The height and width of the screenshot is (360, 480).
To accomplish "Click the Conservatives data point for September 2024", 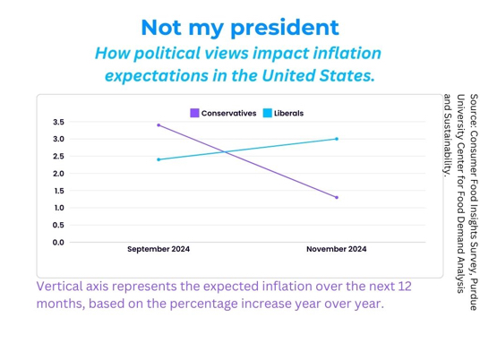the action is tap(159, 125).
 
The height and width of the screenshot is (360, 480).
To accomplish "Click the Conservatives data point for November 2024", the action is tap(337, 197).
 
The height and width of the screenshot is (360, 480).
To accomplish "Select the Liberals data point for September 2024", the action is tap(159, 159).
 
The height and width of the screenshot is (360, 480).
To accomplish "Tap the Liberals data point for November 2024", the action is tap(337, 139).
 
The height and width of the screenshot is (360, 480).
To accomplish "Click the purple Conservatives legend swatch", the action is tap(194, 113).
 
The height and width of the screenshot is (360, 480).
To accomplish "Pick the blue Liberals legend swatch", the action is tap(268, 113).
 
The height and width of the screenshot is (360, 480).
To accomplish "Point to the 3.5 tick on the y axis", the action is tap(58, 122).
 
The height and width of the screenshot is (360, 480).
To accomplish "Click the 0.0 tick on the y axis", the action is tap(58, 243).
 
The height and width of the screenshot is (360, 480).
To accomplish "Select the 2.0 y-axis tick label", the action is tap(58, 174).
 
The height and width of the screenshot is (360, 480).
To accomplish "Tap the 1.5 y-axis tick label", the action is tap(59, 191).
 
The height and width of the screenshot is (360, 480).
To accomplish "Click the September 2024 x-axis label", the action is tap(159, 249).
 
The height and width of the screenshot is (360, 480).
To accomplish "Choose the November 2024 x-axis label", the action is tap(337, 249).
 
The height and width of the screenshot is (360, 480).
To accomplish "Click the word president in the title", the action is tap(285, 28).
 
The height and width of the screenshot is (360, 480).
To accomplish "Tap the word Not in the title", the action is tap(161, 28).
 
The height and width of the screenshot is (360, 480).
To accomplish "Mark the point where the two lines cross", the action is tap(226, 152).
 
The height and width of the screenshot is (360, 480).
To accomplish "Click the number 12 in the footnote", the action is tap(405, 287).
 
